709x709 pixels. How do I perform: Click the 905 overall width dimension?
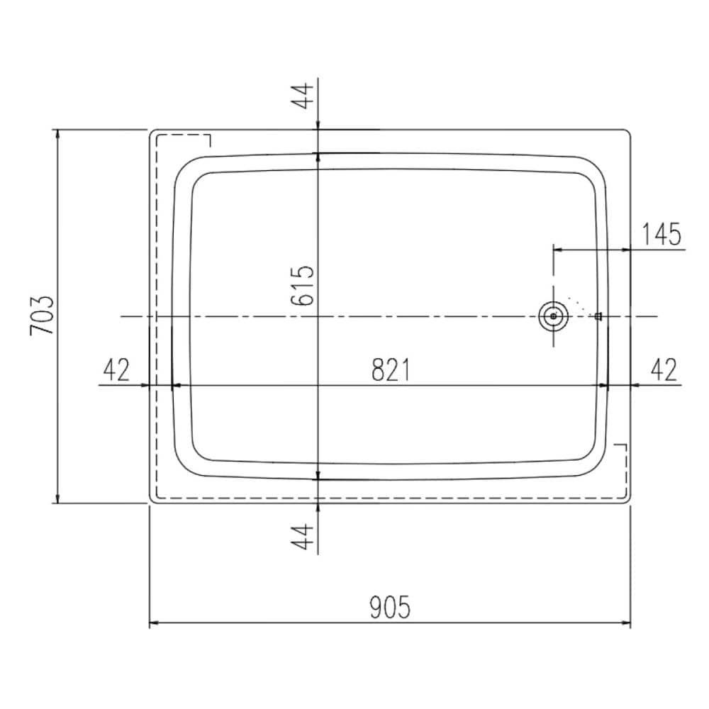(390, 607)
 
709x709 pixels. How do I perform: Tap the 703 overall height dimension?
(42, 316)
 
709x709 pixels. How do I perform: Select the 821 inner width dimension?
(391, 369)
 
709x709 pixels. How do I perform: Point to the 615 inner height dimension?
(303, 285)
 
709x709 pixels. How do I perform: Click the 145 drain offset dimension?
(661, 234)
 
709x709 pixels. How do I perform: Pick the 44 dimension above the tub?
(302, 96)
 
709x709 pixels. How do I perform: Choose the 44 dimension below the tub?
(302, 536)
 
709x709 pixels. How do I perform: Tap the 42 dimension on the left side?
(116, 369)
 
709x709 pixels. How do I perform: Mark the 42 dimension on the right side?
(664, 369)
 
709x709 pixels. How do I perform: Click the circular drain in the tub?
(554, 316)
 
